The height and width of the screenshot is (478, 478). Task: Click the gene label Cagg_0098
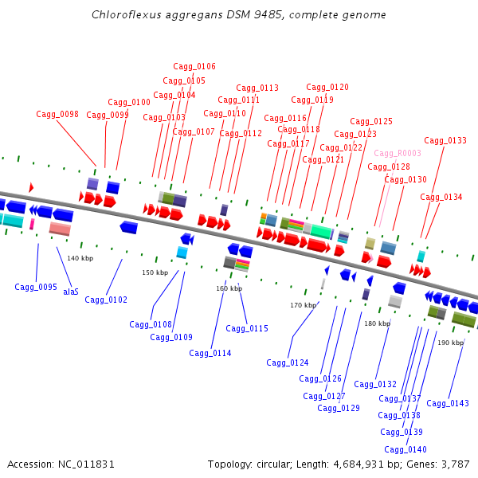click(57, 115)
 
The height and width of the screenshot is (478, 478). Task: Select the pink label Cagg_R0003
click(398, 154)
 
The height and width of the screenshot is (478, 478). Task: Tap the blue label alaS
click(71, 292)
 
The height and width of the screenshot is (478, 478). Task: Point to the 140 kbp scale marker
click(80, 258)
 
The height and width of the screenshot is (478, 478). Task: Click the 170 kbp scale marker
click(303, 305)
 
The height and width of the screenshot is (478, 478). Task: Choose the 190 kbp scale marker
click(450, 343)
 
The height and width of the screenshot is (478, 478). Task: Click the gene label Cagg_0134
click(441, 198)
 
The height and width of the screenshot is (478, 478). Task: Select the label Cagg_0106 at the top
click(194, 67)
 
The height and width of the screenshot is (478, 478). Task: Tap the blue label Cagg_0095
click(36, 288)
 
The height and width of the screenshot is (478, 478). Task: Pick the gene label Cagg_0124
click(288, 363)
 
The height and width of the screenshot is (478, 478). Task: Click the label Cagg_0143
click(448, 404)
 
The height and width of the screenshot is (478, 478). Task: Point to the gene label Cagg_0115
click(247, 329)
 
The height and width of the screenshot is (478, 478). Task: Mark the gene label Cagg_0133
click(445, 141)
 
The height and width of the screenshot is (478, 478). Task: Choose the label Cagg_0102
click(106, 300)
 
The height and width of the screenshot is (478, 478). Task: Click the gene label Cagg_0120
click(327, 88)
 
